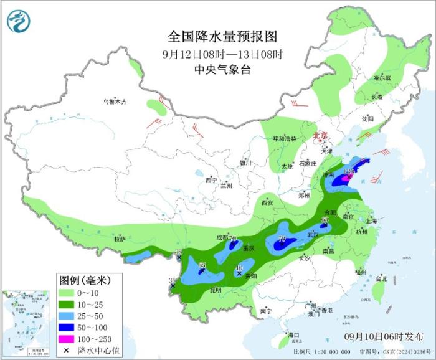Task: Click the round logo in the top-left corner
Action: click(x=19, y=22)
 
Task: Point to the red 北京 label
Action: click(x=320, y=135)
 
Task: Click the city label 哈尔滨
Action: click(x=382, y=78)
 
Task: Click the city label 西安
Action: click(x=268, y=202)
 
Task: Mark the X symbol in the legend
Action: click(x=67, y=351)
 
